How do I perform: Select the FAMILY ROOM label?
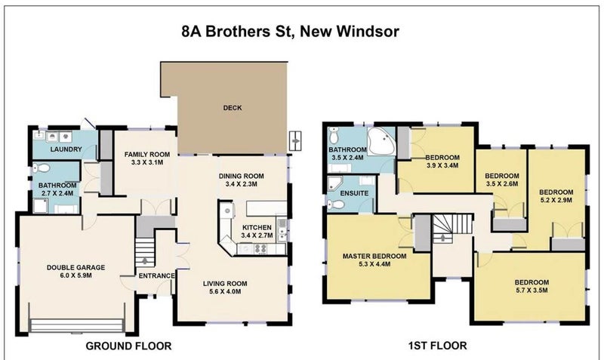(147, 154)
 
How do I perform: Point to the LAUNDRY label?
(66, 149)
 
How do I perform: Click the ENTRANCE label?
(157, 275)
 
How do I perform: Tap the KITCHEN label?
(257, 226)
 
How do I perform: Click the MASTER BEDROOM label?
(374, 256)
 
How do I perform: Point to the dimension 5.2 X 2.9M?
(556, 201)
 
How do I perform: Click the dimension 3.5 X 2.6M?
(501, 183)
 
